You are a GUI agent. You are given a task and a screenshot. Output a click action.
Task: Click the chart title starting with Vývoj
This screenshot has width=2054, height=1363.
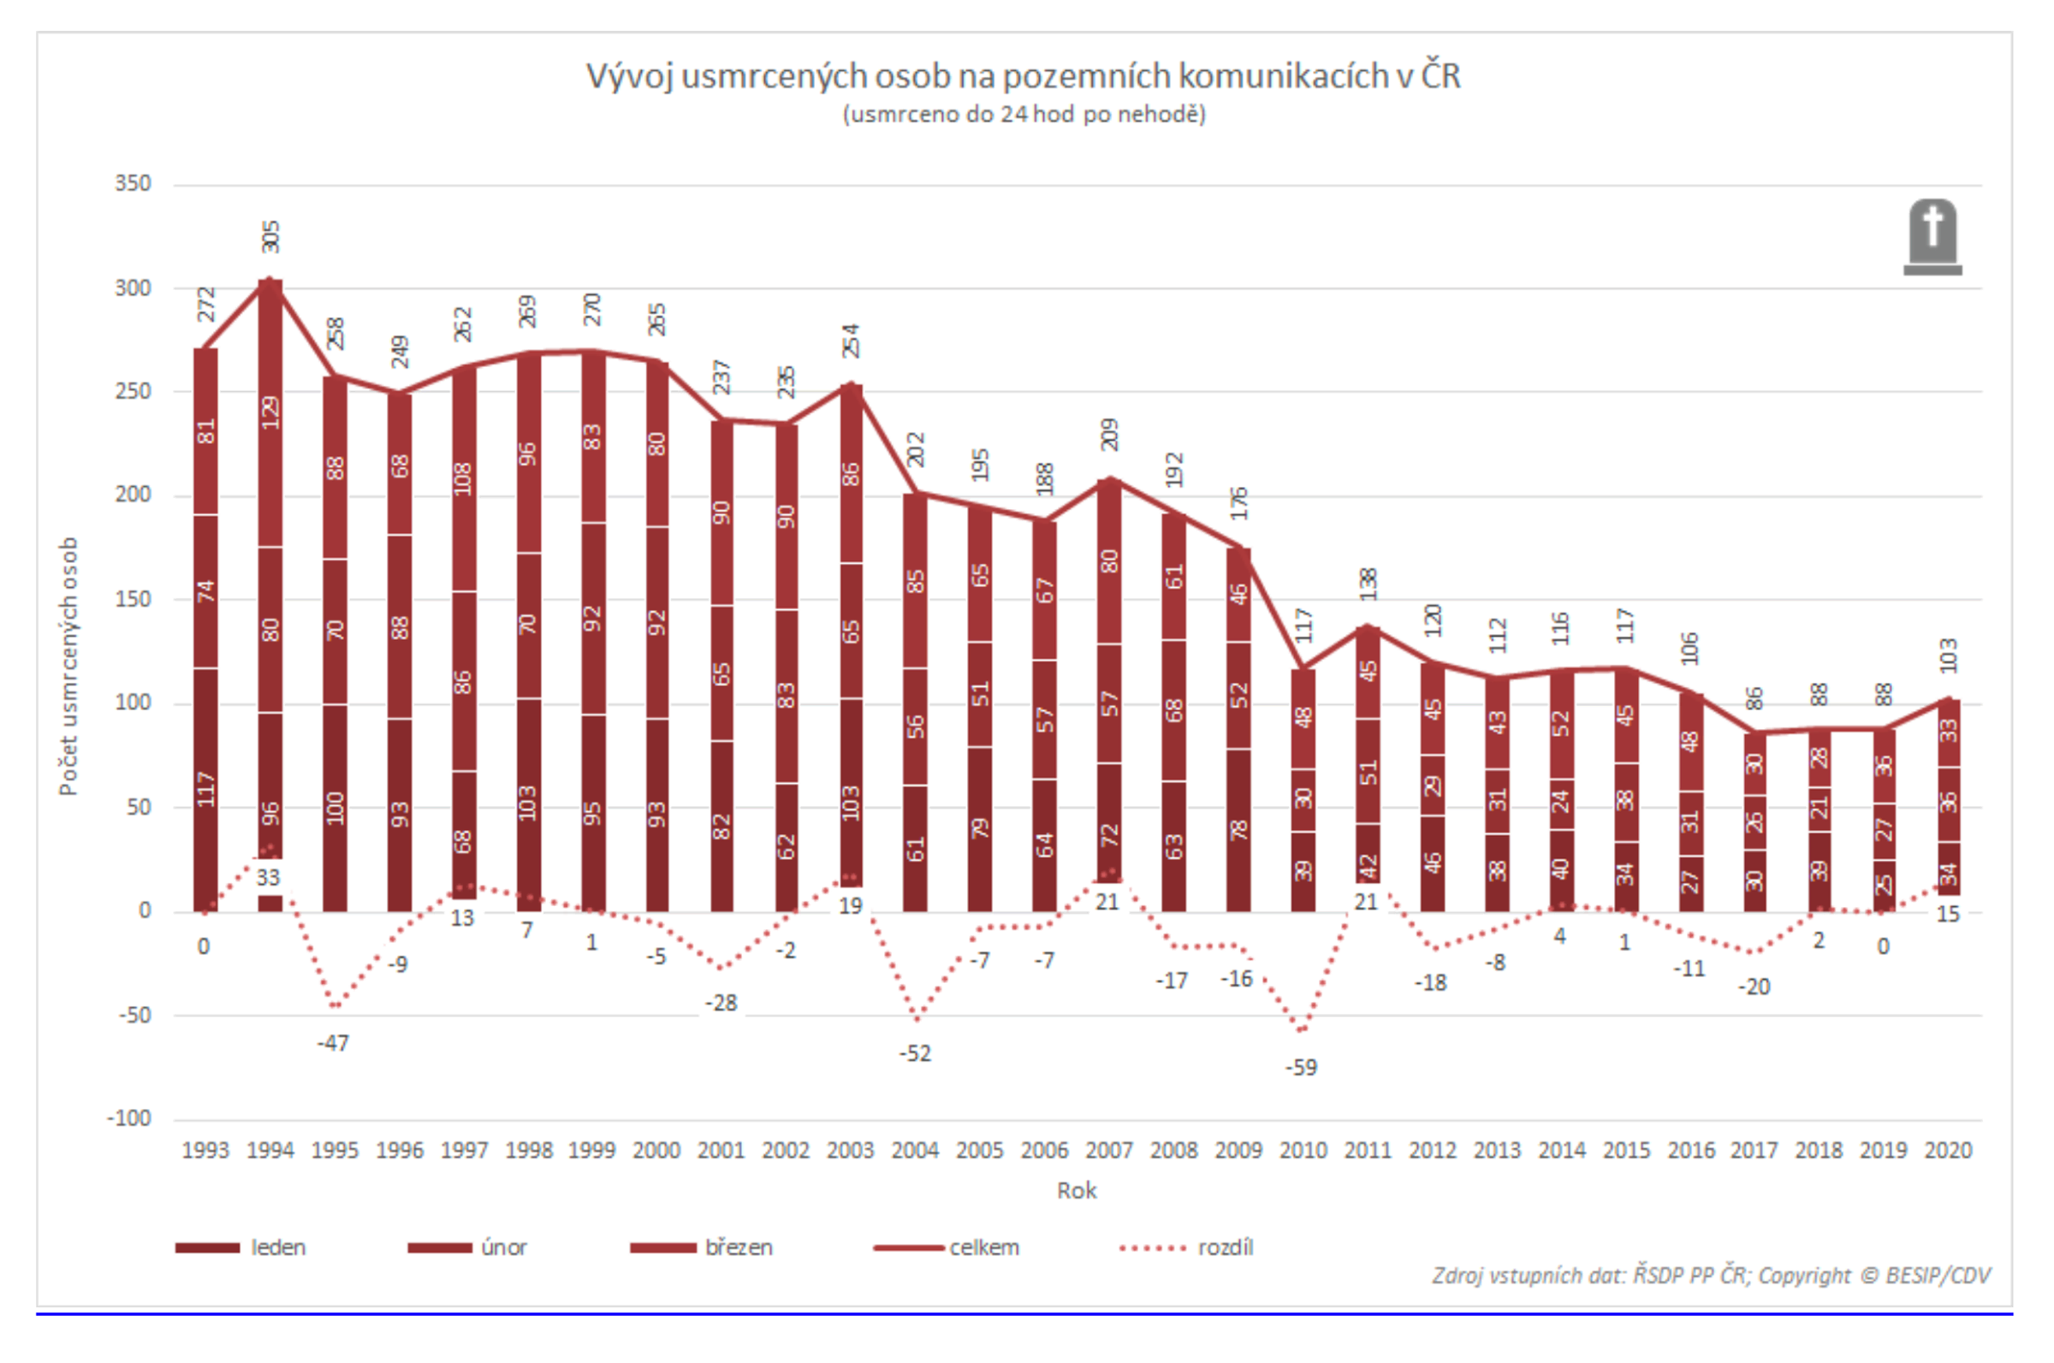[x=1023, y=76]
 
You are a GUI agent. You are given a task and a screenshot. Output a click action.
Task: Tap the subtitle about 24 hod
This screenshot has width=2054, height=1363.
[x=1023, y=115]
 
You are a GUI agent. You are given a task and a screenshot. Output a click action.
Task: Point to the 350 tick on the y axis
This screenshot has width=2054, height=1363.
[x=133, y=183]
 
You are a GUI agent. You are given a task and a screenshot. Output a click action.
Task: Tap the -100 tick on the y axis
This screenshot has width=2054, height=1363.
[x=129, y=1119]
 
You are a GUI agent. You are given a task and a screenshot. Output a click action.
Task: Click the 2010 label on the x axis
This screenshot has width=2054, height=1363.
[x=1302, y=1151]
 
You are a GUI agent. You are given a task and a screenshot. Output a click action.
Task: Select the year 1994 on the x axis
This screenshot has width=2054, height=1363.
[x=270, y=1151]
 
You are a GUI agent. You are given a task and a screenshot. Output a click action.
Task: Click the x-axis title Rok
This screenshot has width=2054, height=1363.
[x=1076, y=1191]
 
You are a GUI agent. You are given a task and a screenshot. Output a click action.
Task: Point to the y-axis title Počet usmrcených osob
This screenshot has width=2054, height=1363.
[x=68, y=666]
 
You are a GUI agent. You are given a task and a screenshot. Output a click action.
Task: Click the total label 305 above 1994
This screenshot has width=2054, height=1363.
[x=270, y=236]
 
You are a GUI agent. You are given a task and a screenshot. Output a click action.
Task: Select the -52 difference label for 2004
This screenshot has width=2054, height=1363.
[x=914, y=1054]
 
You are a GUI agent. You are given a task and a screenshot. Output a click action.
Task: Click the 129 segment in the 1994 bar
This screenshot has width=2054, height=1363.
[x=270, y=412]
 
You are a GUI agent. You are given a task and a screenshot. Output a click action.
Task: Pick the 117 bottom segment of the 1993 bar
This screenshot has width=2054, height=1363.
[x=205, y=788]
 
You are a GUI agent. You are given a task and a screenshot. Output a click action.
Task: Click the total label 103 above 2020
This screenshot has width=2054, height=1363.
[x=1948, y=655]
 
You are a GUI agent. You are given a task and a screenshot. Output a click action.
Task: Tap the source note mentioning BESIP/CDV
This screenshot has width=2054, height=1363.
[x=1711, y=1275]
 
